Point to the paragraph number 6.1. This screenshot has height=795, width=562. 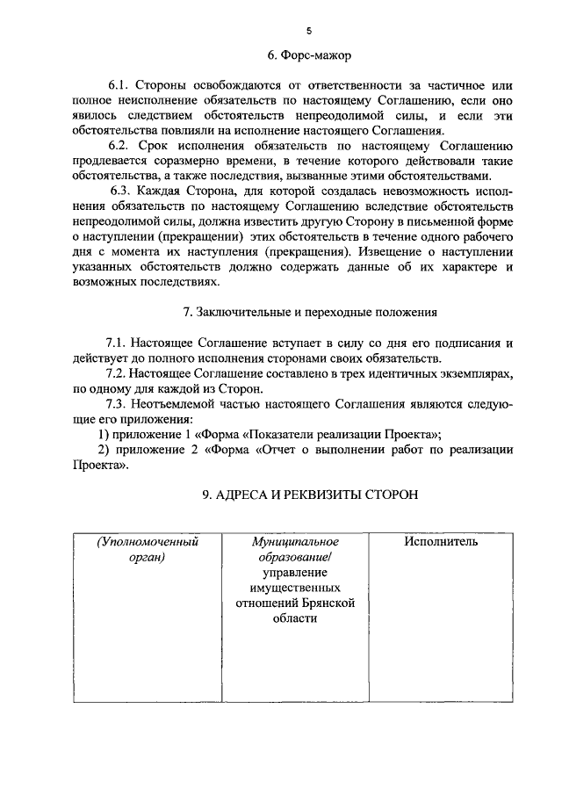click(119, 86)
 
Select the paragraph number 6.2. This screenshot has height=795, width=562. click(119, 143)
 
